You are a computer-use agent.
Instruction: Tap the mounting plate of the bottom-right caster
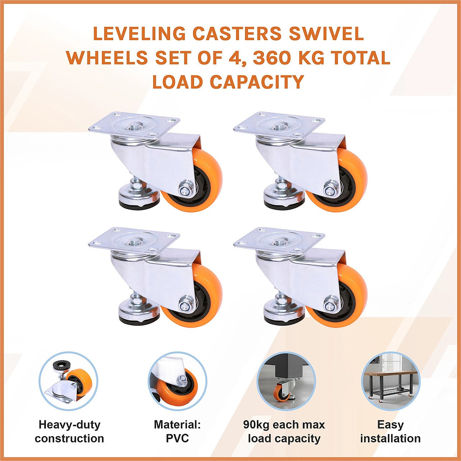(279, 240)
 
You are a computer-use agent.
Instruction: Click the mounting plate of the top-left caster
(134, 126)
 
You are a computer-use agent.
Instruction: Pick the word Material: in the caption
(177, 425)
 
